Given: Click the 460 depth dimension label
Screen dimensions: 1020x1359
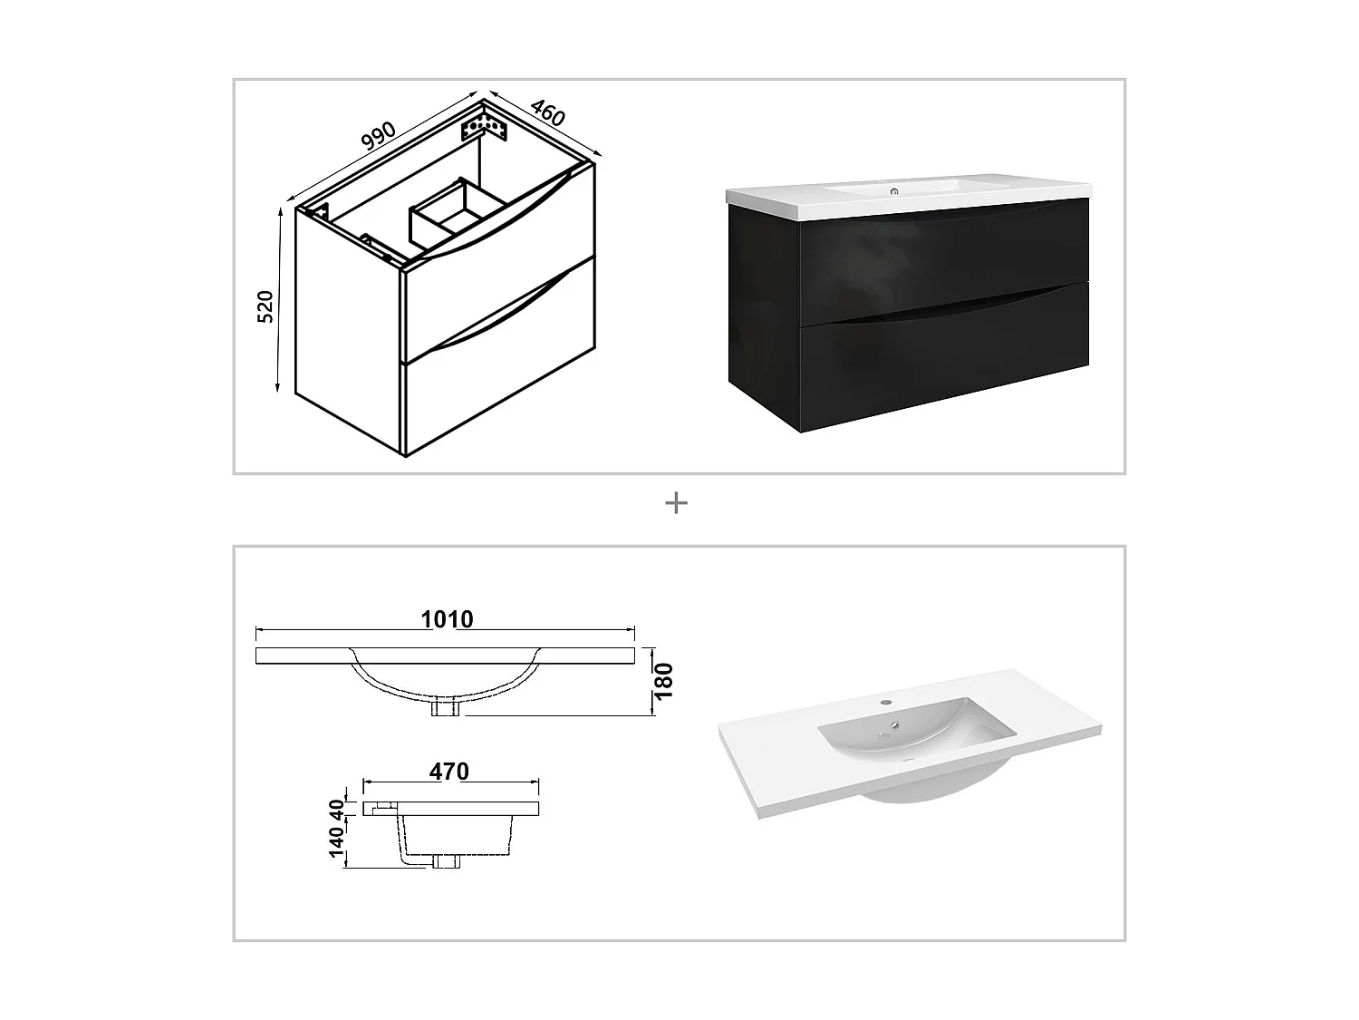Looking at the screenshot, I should pos(547,112).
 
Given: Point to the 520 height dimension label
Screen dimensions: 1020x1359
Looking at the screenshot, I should pos(265,306).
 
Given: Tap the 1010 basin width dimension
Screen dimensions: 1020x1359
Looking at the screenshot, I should pos(447,619).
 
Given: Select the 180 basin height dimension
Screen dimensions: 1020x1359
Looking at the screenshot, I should pos(665,681).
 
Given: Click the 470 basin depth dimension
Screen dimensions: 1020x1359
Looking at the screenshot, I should pos(449,772).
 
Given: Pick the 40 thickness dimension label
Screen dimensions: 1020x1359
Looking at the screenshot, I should pos(337,808).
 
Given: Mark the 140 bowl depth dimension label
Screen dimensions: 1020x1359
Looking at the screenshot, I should pos(337,841).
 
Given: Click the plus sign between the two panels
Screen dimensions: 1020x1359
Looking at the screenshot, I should pos(676,503).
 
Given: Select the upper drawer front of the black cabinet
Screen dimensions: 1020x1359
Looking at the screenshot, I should pos(942,258).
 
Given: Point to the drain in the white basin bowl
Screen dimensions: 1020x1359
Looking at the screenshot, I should pos(894,725).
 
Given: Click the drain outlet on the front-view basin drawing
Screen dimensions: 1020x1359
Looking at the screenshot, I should pos(447,707).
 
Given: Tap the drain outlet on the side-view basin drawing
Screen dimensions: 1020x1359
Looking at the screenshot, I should pos(446,861).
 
